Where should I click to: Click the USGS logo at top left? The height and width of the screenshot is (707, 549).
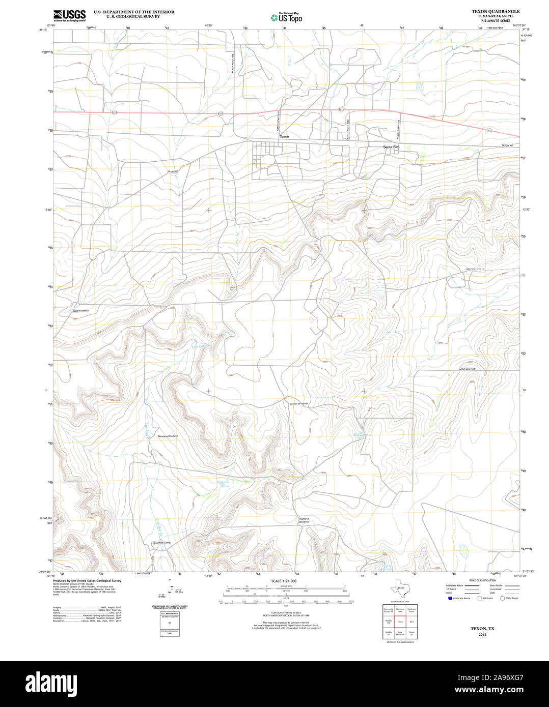(69, 15)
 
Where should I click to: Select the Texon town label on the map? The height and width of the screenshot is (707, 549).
(284, 137)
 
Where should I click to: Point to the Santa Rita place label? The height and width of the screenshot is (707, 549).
(391, 146)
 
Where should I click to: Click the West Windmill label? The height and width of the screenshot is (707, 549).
(80, 310)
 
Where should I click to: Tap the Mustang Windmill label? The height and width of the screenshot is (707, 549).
(168, 436)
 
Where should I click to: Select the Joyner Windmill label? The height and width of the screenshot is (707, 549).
(299, 403)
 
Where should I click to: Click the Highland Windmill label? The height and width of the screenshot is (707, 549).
(304, 520)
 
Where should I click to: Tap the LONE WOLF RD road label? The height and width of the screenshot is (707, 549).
(467, 369)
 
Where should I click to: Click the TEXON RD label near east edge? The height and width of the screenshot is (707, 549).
(506, 146)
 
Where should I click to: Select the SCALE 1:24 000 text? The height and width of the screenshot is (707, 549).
(284, 581)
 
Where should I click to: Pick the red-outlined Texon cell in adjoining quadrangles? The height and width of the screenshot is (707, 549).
(400, 622)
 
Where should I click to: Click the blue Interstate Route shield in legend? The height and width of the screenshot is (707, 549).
(448, 598)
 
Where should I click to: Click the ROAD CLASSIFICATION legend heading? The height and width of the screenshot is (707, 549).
(482, 580)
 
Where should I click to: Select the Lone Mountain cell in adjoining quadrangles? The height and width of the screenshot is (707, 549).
(400, 634)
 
